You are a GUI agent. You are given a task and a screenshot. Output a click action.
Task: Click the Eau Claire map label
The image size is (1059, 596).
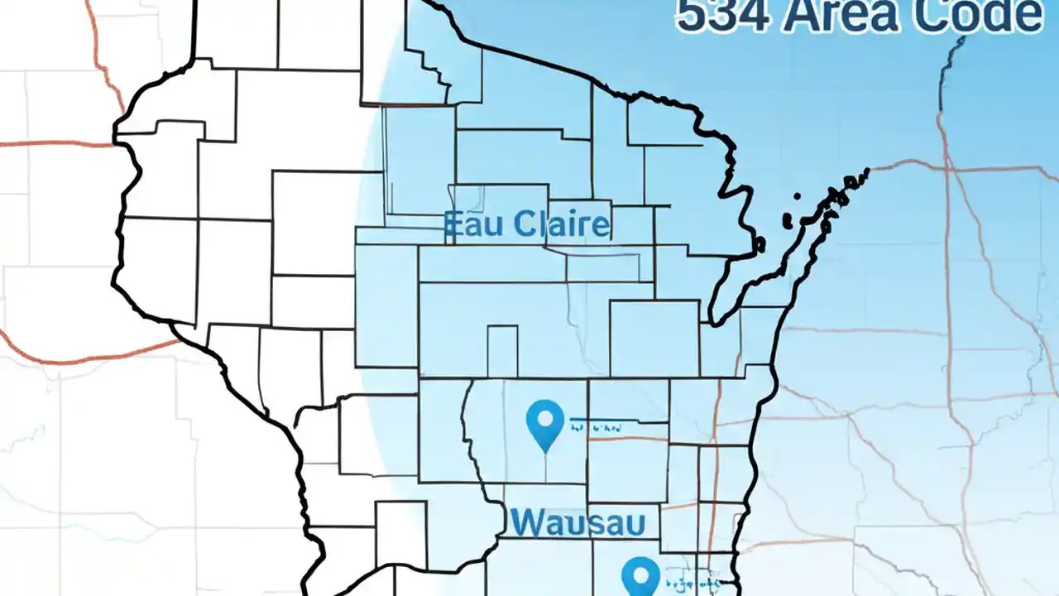pos(527,224)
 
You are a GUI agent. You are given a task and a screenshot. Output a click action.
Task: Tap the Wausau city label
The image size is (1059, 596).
pos(577,523)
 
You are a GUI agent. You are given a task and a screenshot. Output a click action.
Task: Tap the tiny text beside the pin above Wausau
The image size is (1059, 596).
pos(596,428)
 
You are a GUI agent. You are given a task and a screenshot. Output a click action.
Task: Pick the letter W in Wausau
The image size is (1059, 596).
pos(526,523)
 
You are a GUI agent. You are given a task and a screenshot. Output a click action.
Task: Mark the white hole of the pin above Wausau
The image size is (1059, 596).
pos(544,417)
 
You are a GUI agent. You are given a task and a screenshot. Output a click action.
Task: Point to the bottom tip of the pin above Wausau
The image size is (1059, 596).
pos(544,451)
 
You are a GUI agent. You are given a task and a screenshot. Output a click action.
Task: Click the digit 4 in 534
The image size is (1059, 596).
pos(740,16)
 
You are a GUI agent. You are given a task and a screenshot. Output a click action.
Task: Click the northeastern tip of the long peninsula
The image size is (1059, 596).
pos(865,171)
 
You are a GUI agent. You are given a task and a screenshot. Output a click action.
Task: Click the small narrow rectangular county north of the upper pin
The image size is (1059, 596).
pos(502,351)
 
